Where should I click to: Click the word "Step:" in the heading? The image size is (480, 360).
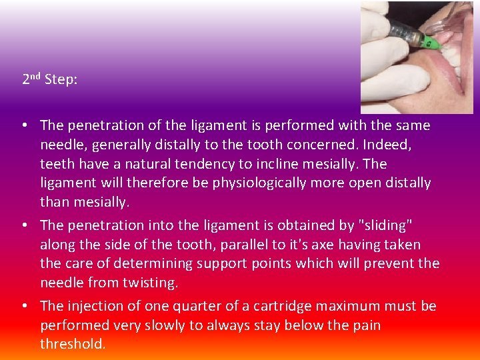(x=61, y=80)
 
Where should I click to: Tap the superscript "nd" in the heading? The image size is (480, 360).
(x=37, y=77)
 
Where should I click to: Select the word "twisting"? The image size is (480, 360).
(x=151, y=283)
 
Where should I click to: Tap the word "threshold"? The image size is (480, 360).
(x=72, y=345)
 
